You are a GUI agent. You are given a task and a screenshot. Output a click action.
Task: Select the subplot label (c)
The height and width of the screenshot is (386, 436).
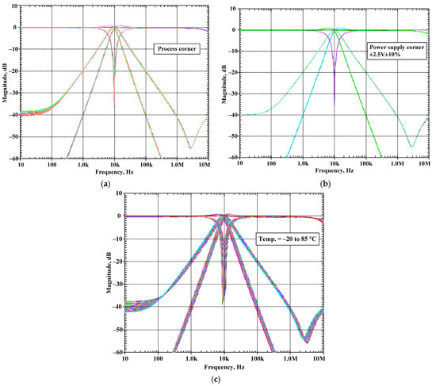[217, 379]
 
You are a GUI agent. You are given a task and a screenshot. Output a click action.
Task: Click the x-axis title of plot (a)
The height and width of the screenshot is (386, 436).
[115, 171]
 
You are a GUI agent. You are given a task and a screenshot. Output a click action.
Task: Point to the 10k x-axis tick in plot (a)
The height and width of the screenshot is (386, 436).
[115, 163]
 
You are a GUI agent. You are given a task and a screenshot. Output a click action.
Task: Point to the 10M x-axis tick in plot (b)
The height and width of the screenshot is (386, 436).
[426, 163]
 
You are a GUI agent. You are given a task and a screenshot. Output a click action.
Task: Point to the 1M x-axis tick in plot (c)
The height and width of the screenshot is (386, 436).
[288, 359]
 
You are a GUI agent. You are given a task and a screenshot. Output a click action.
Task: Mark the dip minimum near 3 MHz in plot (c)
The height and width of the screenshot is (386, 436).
[305, 341]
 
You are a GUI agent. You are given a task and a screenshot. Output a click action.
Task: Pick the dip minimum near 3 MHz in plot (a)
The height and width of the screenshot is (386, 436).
[190, 147]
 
